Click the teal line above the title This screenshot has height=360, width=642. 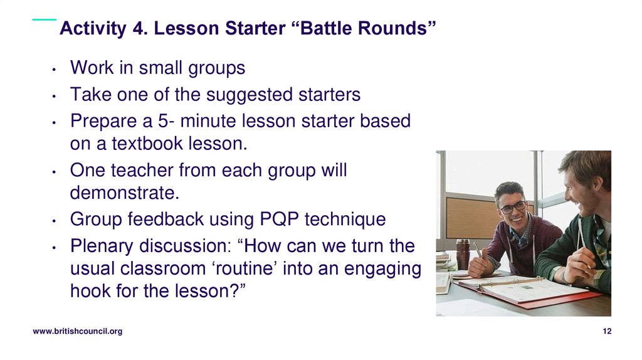[44, 19]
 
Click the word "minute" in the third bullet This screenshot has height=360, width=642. [209, 121]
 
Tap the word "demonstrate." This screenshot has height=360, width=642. [125, 193]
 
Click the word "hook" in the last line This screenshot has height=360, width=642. [90, 291]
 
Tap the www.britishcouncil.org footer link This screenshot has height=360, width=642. [77, 332]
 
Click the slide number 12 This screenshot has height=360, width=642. [606, 332]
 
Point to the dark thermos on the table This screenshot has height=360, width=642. [463, 254]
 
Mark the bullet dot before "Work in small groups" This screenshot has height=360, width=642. [55, 70]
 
